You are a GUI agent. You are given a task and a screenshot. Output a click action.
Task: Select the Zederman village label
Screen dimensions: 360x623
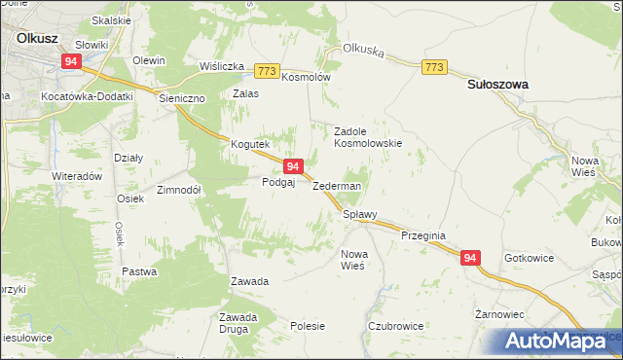(337, 186)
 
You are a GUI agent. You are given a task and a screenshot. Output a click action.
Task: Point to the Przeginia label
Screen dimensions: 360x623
(422, 234)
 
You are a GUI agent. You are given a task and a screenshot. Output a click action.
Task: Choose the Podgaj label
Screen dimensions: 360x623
(277, 182)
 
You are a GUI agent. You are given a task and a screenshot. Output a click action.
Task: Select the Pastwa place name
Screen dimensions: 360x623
(138, 271)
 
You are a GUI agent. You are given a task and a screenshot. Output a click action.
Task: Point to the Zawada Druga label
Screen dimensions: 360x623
(238, 322)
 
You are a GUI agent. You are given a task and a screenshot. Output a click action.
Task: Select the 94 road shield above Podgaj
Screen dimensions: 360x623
(293, 167)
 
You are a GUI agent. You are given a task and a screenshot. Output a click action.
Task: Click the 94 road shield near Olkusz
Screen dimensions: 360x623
(71, 60)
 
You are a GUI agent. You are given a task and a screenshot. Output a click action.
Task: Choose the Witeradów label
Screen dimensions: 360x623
(77, 177)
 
